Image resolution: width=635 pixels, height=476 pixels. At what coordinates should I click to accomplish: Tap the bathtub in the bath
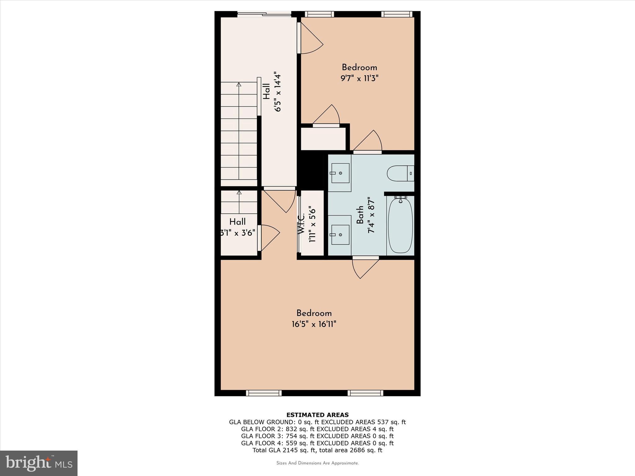(400, 225)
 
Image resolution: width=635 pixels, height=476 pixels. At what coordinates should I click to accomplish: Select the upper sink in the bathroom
(340, 173)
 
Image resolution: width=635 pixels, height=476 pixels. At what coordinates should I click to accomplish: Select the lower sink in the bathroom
(340, 234)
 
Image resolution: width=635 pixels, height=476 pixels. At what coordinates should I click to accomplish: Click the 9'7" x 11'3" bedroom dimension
(359, 78)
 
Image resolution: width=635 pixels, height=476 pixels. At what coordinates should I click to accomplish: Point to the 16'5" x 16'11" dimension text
(314, 324)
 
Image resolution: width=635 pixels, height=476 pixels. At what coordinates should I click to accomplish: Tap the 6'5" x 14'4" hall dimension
(277, 93)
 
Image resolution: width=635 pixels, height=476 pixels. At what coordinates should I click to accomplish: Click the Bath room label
(360, 215)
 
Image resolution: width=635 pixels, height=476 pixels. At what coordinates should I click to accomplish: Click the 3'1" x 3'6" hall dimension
(238, 232)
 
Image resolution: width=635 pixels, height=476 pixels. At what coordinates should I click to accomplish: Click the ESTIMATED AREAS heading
(317, 415)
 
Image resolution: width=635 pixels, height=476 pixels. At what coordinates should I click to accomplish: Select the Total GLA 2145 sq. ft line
(317, 450)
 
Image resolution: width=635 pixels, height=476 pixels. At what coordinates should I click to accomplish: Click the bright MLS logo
(39, 463)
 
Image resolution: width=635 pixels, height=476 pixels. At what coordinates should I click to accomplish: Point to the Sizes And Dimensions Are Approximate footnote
(317, 463)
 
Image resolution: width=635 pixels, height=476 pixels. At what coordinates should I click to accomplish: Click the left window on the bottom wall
(264, 393)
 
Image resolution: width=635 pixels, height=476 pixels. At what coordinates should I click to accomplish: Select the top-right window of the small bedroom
(397, 14)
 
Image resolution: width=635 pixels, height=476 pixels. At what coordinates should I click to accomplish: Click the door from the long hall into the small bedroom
(310, 40)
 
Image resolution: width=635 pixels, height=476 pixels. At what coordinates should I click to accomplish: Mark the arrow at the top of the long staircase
(238, 84)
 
